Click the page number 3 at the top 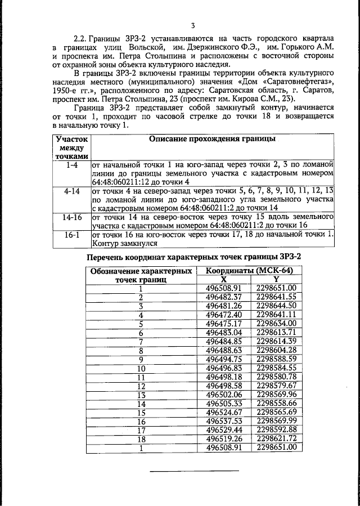pyautogui.click(x=192, y=25)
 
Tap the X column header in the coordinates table pyautogui.click(x=223, y=279)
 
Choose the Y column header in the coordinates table pyautogui.click(x=276, y=279)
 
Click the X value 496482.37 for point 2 pyautogui.click(x=224, y=297)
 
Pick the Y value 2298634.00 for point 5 pyautogui.click(x=276, y=324)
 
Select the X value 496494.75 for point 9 pyautogui.click(x=224, y=359)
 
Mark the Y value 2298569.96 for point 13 pyautogui.click(x=276, y=395)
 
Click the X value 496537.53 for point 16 pyautogui.click(x=224, y=422)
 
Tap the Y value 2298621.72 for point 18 pyautogui.click(x=276, y=439)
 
